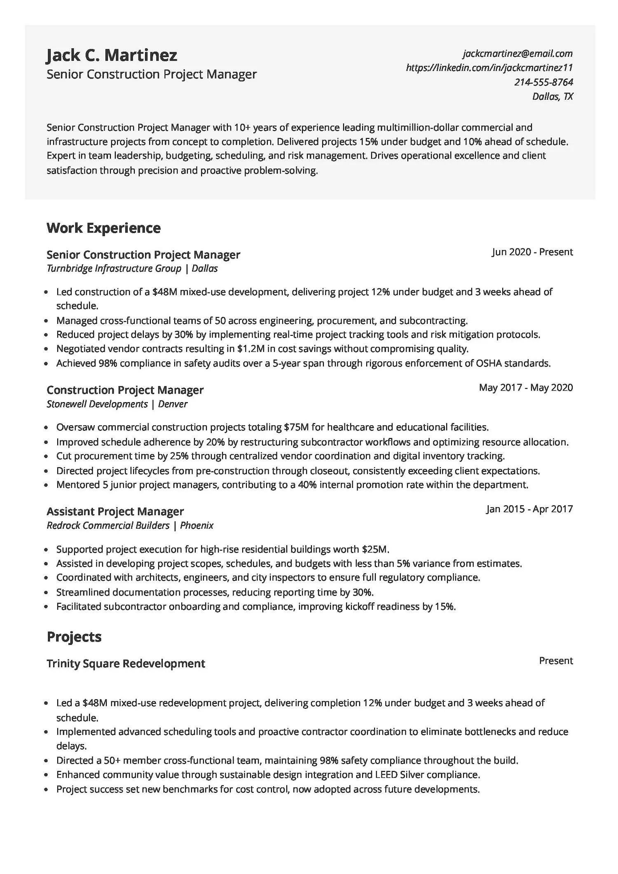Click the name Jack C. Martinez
click(112, 55)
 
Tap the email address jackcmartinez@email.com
click(517, 53)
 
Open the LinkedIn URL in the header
click(489, 68)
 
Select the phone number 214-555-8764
click(543, 82)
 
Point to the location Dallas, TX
click(552, 96)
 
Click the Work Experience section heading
click(103, 228)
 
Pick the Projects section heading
click(74, 637)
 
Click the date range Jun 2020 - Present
click(532, 252)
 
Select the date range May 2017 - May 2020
click(526, 387)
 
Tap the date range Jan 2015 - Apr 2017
click(529, 509)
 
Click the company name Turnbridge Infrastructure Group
click(114, 269)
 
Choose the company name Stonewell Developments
click(97, 404)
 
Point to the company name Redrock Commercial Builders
click(108, 526)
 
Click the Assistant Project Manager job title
click(115, 511)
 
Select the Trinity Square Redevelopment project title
click(126, 664)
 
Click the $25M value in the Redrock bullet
click(375, 549)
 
